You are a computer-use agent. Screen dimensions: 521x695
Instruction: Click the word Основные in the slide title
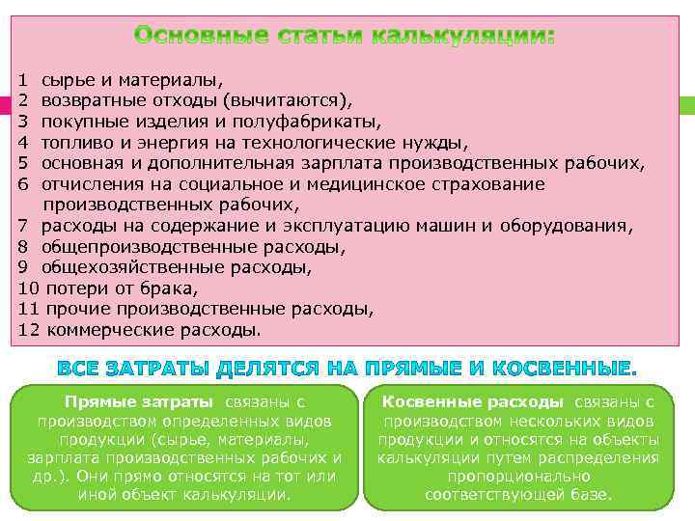coord(190,37)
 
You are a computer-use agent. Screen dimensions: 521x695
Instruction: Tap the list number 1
coord(22,80)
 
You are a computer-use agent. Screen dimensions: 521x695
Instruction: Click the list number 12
coord(28,330)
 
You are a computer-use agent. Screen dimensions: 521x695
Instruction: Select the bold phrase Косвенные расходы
coord(472,401)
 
